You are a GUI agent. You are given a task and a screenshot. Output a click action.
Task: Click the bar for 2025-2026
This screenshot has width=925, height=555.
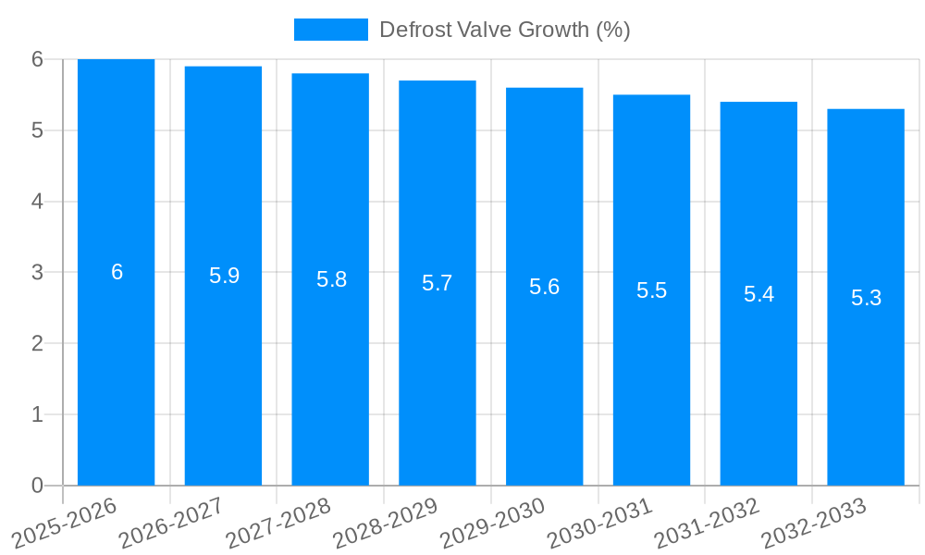(x=116, y=370)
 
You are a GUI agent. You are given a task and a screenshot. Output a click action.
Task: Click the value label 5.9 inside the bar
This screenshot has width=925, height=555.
(x=224, y=276)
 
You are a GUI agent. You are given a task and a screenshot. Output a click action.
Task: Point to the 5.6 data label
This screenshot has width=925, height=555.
(x=544, y=287)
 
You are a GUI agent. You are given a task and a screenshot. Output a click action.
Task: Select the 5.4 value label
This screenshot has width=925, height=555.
(x=758, y=294)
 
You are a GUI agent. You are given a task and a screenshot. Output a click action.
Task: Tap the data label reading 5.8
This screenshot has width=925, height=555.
(x=331, y=279)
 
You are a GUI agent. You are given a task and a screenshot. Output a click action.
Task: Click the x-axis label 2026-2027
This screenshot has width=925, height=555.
(x=173, y=522)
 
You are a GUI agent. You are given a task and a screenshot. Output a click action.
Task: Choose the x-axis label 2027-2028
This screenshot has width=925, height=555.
(x=279, y=522)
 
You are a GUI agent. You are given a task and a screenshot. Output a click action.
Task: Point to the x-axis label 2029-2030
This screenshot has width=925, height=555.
(x=493, y=522)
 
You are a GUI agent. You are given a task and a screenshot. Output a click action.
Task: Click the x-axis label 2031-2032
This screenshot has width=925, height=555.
(x=708, y=522)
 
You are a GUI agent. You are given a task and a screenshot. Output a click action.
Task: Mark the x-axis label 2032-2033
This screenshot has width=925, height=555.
(x=814, y=522)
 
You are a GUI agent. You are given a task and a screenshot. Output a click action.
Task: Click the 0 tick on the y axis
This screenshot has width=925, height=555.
(x=37, y=486)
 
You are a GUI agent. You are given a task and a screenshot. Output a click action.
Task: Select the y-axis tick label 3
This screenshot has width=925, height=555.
(x=37, y=273)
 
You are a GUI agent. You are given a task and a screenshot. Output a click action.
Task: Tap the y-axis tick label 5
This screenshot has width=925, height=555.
(x=37, y=130)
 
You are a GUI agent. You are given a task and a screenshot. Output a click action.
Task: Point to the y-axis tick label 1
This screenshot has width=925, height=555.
(x=37, y=414)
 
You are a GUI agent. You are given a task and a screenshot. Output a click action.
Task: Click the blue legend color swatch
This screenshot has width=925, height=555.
(x=330, y=30)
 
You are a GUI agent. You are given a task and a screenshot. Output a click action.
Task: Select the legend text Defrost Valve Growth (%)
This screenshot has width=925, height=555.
(x=504, y=30)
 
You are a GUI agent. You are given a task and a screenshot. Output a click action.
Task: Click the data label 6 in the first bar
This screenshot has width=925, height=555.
(x=117, y=272)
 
